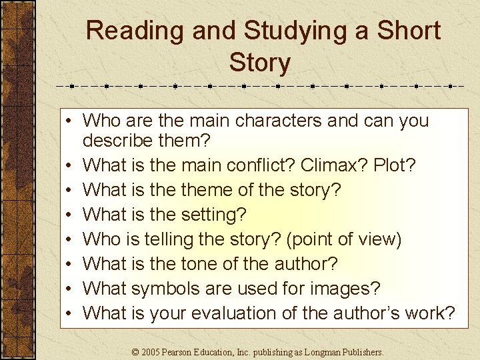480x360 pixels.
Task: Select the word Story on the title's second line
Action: (x=259, y=63)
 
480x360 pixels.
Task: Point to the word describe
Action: (x=117, y=141)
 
